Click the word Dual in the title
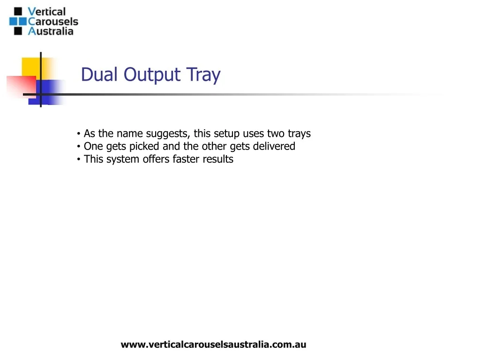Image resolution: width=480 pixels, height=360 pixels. pos(99,74)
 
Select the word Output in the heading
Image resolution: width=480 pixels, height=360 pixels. pos(152,75)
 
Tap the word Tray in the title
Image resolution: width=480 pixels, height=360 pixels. pos(203,75)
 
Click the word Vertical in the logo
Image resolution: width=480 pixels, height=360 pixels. pos(46,12)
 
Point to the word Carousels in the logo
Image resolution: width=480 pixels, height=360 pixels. pos(53,22)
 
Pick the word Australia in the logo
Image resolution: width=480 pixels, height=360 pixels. pos(51,31)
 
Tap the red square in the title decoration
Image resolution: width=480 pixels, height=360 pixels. pos(22,86)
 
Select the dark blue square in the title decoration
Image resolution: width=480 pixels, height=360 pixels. pos(47,92)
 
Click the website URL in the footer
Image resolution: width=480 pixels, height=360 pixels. pos(213,345)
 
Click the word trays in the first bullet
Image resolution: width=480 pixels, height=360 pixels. pos(299,134)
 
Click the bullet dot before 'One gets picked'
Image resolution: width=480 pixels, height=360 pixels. pos(79,147)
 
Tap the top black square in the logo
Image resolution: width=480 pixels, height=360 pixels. pos(18,11)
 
